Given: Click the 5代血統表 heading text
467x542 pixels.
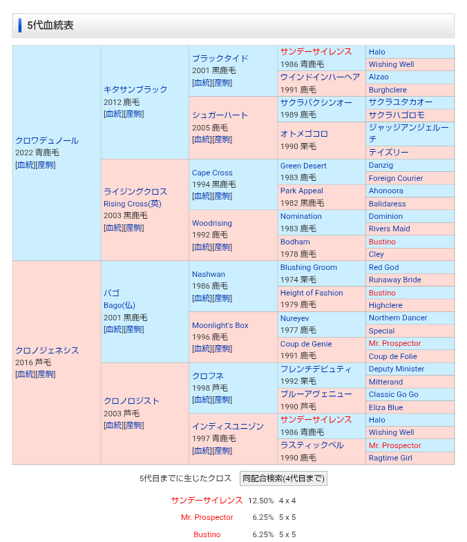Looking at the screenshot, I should (x=50, y=26).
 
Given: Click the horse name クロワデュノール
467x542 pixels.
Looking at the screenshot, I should (x=47, y=140).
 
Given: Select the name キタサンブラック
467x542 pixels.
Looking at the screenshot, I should (x=135, y=89).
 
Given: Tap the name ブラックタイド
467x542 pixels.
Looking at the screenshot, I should (x=220, y=58).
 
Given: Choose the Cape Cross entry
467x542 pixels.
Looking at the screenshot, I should (x=212, y=173).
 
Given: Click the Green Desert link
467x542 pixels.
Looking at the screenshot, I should (x=303, y=166).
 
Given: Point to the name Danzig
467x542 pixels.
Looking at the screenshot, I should (x=381, y=166).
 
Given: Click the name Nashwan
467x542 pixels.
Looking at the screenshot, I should (x=209, y=274).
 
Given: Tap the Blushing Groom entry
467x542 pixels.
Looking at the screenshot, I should (x=309, y=267).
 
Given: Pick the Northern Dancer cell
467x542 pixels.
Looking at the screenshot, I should (x=398, y=318).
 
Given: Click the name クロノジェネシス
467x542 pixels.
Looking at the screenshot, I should (x=47, y=350).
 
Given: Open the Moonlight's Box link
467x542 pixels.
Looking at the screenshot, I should (x=220, y=325).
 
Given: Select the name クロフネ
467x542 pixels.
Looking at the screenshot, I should (x=208, y=376).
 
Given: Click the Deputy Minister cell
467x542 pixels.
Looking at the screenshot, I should (x=397, y=369).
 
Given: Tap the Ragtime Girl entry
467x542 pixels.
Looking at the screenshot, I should (x=390, y=458).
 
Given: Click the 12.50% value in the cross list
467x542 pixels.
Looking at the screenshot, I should (x=261, y=501).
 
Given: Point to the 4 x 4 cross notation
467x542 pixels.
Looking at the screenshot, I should (x=287, y=501).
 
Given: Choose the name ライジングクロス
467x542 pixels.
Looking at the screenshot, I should (x=135, y=191).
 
